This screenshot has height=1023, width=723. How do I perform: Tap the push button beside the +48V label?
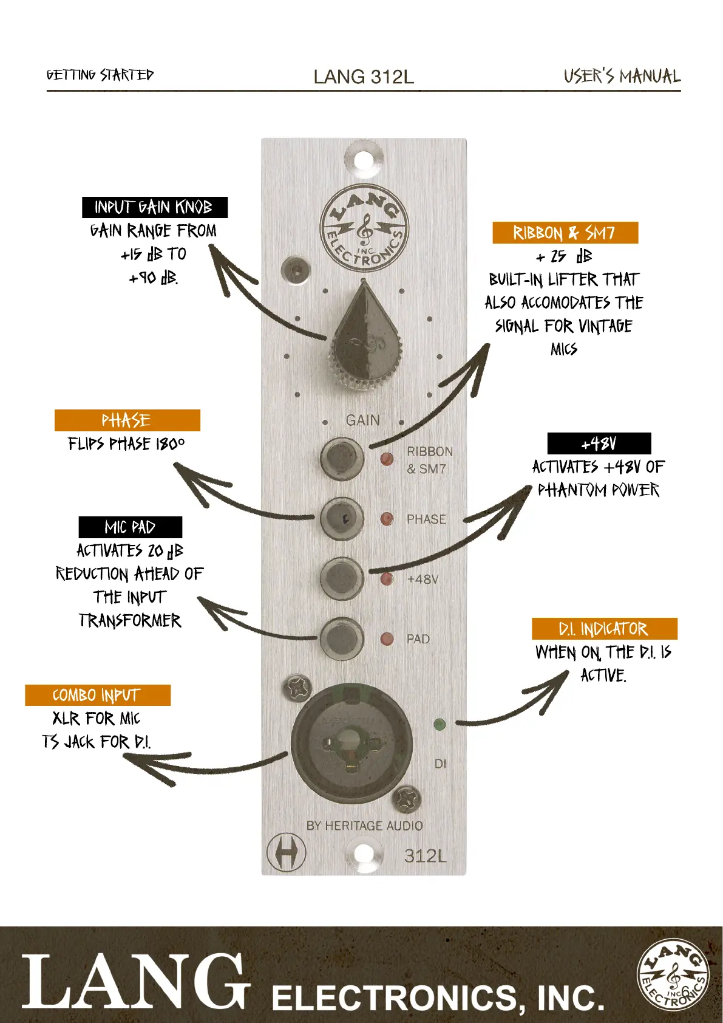pyautogui.click(x=342, y=577)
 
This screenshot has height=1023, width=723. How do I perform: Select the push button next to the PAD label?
pyautogui.click(x=342, y=638)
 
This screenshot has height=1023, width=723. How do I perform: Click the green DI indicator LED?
pyautogui.click(x=440, y=724)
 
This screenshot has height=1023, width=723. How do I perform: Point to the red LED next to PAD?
pyautogui.click(x=387, y=639)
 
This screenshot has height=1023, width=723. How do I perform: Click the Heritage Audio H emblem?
pyautogui.click(x=286, y=852)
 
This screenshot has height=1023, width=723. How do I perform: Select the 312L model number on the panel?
pyautogui.click(x=425, y=856)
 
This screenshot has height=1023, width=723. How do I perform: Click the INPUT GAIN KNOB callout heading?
pyautogui.click(x=154, y=208)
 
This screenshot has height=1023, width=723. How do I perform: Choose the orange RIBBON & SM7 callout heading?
pyautogui.click(x=565, y=233)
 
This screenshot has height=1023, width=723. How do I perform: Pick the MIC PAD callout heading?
pyautogui.click(x=130, y=527)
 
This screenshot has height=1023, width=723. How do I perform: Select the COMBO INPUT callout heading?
pyautogui.click(x=97, y=695)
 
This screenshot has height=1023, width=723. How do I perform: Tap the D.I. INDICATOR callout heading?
pyautogui.click(x=604, y=629)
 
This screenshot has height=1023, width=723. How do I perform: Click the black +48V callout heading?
pyautogui.click(x=599, y=443)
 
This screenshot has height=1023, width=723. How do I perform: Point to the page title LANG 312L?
pyautogui.click(x=364, y=77)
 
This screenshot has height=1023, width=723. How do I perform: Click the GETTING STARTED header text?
pyautogui.click(x=100, y=75)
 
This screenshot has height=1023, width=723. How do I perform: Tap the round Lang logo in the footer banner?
pyautogui.click(x=673, y=974)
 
